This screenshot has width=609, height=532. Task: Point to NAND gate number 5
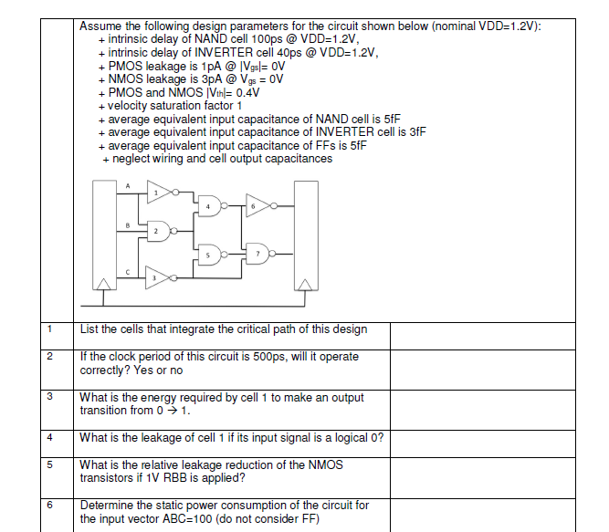[210, 254]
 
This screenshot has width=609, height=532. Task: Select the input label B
[127, 224]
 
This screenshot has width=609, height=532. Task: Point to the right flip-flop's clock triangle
[305, 286]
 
